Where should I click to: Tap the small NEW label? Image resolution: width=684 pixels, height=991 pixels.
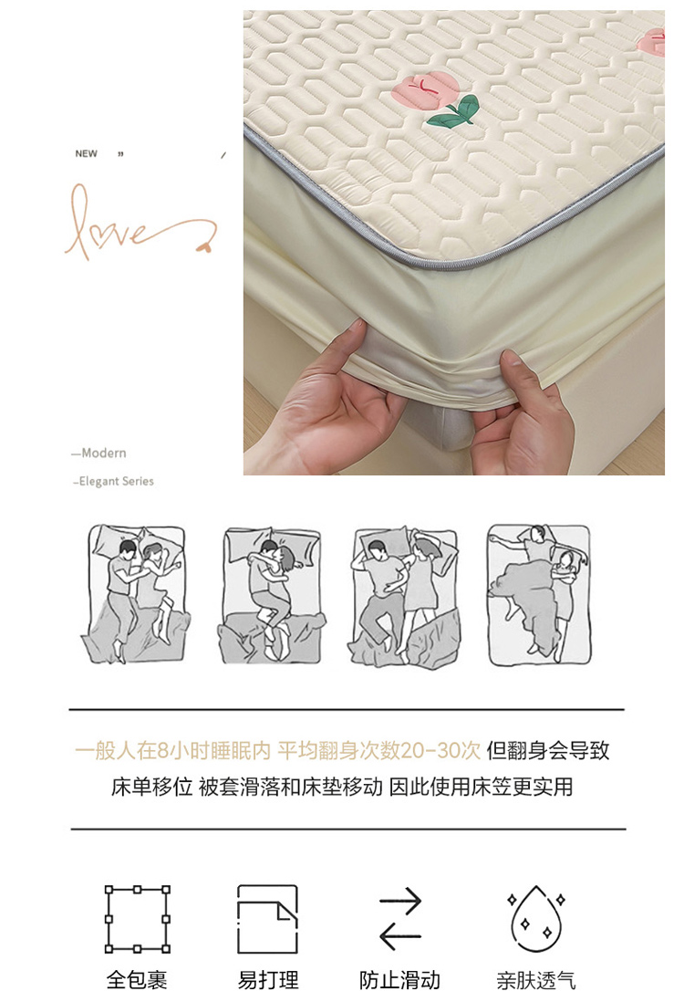86,153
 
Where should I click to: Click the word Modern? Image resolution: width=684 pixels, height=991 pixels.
104,454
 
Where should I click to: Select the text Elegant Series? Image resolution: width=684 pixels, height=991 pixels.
116,481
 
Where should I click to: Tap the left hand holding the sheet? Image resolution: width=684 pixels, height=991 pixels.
326,398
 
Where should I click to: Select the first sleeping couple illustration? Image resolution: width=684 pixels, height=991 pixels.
136,593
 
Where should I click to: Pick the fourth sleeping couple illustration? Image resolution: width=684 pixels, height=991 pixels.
539,594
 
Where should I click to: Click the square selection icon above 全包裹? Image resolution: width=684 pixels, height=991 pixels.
137,919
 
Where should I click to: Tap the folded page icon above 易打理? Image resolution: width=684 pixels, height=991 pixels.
268,919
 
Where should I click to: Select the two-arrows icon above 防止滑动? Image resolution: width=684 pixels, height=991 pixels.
400,919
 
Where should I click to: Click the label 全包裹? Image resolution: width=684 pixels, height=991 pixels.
137,980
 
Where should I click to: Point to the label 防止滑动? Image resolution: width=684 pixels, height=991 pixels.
399,980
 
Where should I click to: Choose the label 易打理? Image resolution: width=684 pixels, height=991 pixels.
268,980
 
